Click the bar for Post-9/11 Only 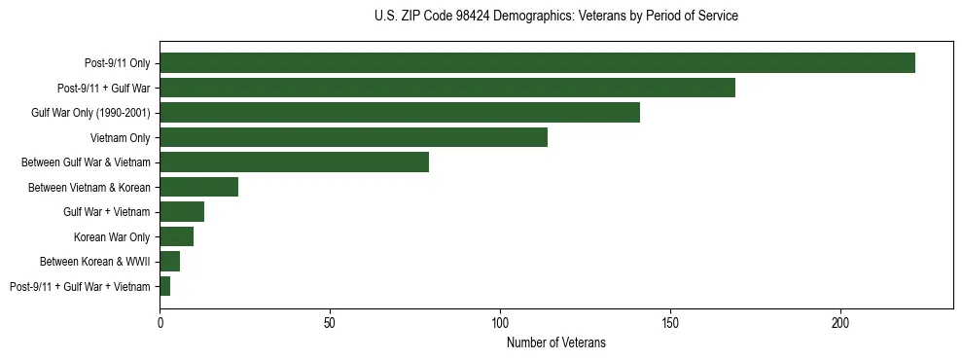tap(537, 63)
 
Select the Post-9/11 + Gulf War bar tap(447, 88)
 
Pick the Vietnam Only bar tap(353, 137)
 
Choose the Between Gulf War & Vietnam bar tap(294, 162)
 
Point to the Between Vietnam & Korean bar tap(198, 187)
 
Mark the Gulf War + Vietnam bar tap(182, 212)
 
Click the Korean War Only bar tap(176, 236)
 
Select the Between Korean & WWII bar tap(169, 262)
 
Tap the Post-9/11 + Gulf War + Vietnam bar tap(164, 286)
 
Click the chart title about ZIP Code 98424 tap(555, 17)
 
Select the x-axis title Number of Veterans tap(555, 342)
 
